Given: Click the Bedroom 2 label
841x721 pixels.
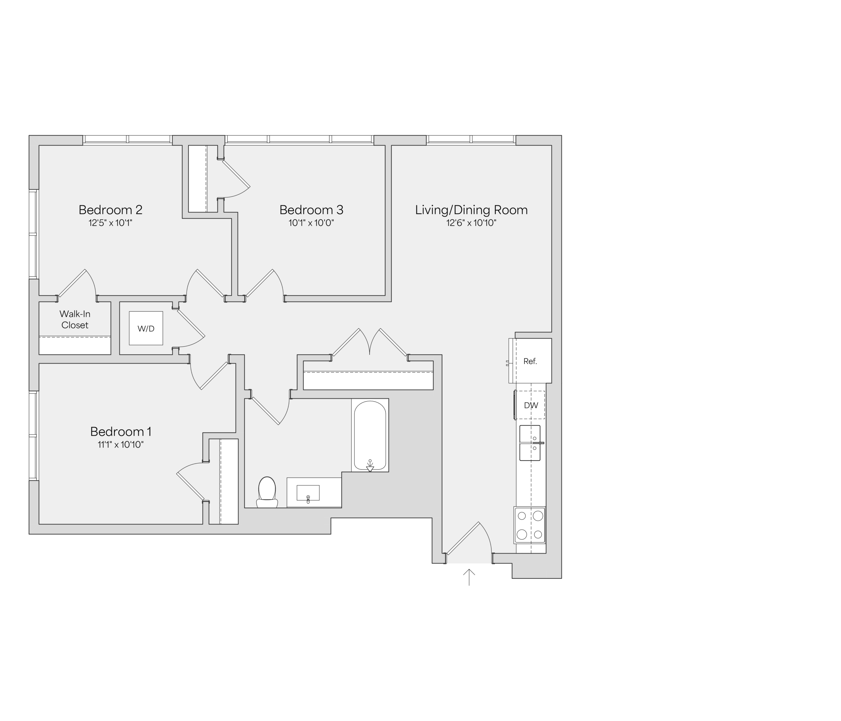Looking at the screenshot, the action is tap(110, 210).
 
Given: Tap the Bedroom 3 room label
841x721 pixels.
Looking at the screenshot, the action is tap(311, 210).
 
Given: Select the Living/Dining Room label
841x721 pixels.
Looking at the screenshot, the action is tap(471, 210).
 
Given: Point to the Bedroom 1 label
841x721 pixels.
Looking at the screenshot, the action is tap(121, 431).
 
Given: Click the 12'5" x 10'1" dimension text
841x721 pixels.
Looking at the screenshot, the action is tap(110, 223).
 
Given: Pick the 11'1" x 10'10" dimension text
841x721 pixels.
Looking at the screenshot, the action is tap(121, 445).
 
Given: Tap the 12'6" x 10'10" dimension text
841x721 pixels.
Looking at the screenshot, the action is tap(471, 223).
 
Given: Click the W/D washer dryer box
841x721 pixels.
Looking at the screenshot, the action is tap(146, 328).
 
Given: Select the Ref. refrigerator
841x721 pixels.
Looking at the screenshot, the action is tap(530, 361).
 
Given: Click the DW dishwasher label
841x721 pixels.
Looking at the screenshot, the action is tap(531, 405).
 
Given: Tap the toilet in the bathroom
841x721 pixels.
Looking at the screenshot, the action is tap(267, 492).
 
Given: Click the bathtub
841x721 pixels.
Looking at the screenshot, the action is tap(370, 435).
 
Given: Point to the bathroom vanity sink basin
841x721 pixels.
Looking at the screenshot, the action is tap(308, 493).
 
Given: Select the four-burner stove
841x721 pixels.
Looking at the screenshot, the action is tap(530, 525).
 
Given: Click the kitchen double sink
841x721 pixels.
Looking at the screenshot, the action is tap(530, 443).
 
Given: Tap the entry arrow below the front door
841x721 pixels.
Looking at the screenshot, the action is tap(469, 577).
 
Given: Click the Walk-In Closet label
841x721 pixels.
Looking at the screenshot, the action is tap(75, 319).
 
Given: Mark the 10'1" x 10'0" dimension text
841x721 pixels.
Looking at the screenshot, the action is tap(311, 223).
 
